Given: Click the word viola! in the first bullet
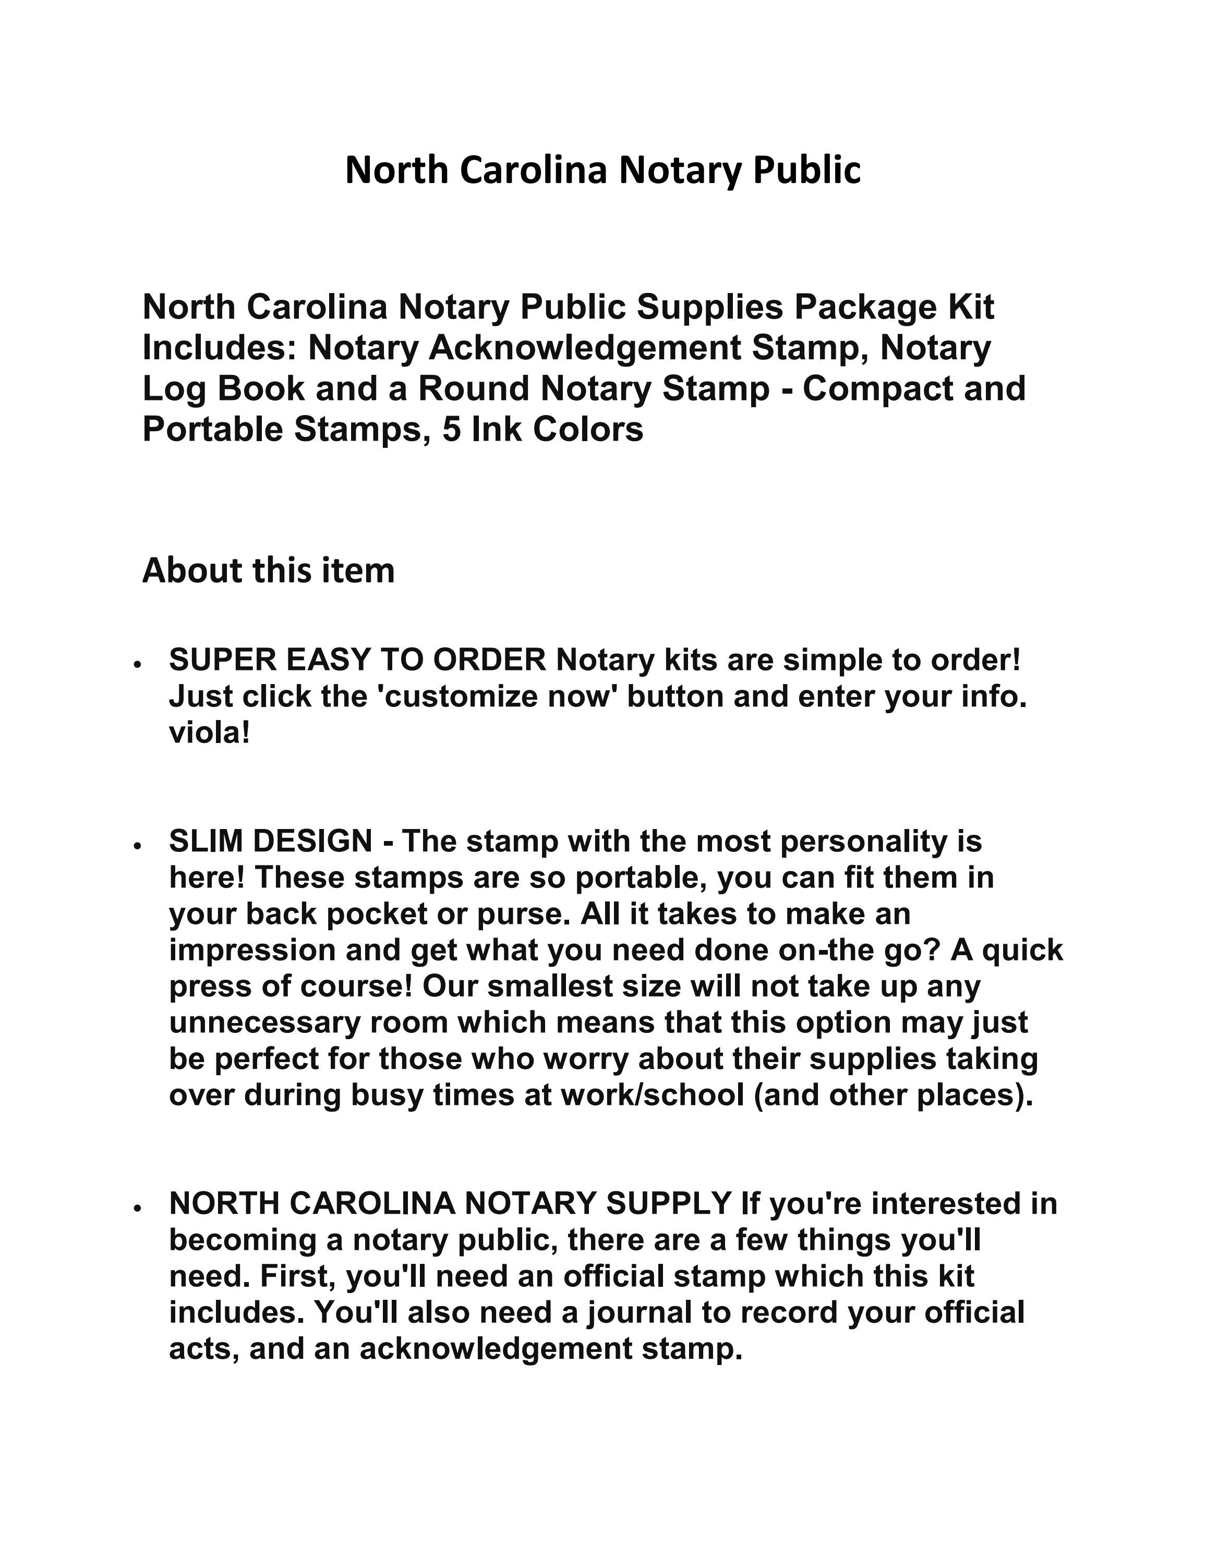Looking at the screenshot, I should tap(209, 733).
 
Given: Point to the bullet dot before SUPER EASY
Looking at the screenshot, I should tap(136, 664).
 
